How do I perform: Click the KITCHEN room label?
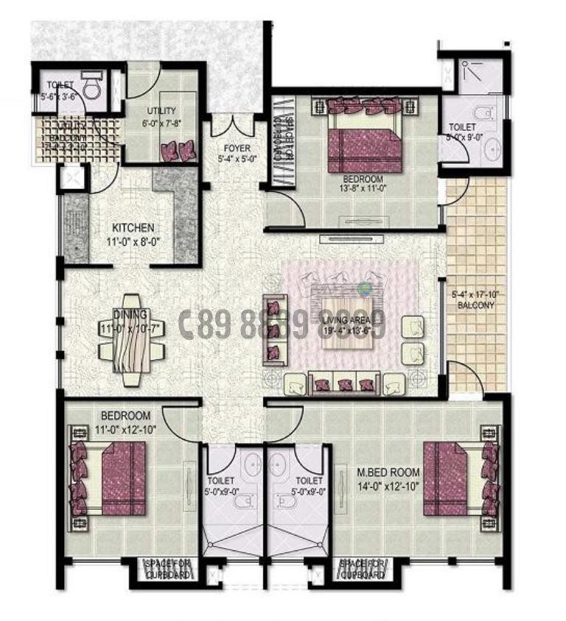(133, 227)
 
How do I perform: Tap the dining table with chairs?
(130, 340)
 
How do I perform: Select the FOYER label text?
(237, 149)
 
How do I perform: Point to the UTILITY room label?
(161, 111)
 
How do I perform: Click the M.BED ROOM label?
(388, 472)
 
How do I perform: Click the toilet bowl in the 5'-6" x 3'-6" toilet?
(91, 87)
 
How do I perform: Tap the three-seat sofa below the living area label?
(343, 383)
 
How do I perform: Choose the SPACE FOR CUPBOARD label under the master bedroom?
(361, 568)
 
